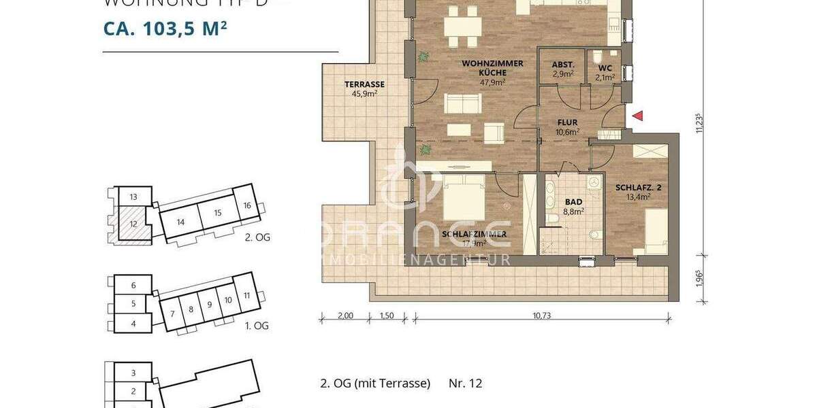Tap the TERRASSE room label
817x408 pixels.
(x=364, y=84)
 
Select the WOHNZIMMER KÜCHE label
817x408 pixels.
(x=492, y=67)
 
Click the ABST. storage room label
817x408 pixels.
(x=562, y=67)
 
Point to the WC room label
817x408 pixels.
(x=605, y=68)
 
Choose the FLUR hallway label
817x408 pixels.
(x=568, y=124)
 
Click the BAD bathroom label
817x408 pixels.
(x=574, y=202)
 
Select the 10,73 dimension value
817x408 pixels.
(x=541, y=315)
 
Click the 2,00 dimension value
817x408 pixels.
(x=345, y=315)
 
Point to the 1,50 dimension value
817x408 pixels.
(x=387, y=315)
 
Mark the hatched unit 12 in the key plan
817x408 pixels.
(x=133, y=224)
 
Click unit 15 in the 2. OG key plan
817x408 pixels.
(x=217, y=213)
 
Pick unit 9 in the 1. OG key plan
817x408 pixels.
(x=210, y=306)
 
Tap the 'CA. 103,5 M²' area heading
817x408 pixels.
(x=165, y=29)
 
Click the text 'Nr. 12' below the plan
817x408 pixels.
(x=466, y=384)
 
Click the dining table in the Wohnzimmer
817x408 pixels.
(x=462, y=27)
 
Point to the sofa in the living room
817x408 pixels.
(x=463, y=103)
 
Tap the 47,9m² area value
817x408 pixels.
(x=492, y=82)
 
